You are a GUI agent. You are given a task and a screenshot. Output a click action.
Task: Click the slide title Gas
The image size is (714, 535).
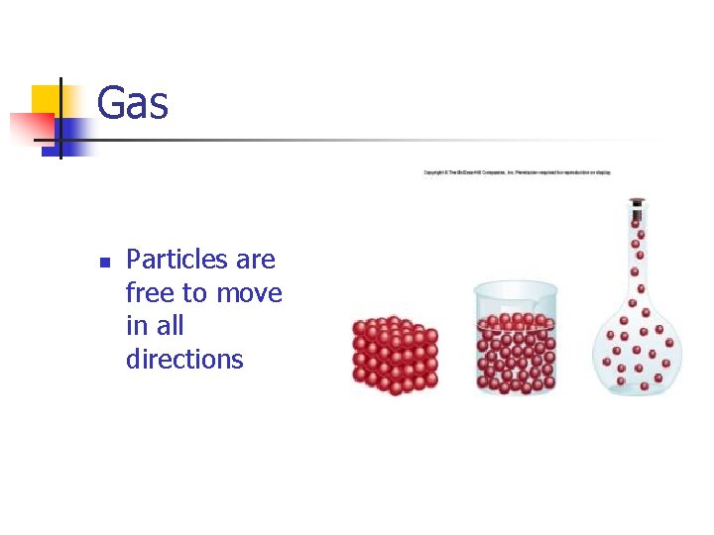[x=133, y=103]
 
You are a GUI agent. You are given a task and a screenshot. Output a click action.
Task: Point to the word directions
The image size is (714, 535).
[x=184, y=359]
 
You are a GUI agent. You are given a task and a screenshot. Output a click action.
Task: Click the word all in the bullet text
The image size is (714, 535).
[x=170, y=326]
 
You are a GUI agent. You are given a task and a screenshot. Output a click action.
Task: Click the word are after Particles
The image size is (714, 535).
[x=256, y=261]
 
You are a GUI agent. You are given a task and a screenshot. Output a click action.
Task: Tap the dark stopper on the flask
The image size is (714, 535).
[x=637, y=201]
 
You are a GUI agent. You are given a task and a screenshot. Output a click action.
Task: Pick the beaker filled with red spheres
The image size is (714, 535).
[x=516, y=342]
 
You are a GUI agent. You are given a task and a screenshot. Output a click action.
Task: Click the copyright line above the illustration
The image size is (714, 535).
[x=518, y=172]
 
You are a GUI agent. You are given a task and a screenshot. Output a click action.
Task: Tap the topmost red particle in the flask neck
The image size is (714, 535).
[x=637, y=216]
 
